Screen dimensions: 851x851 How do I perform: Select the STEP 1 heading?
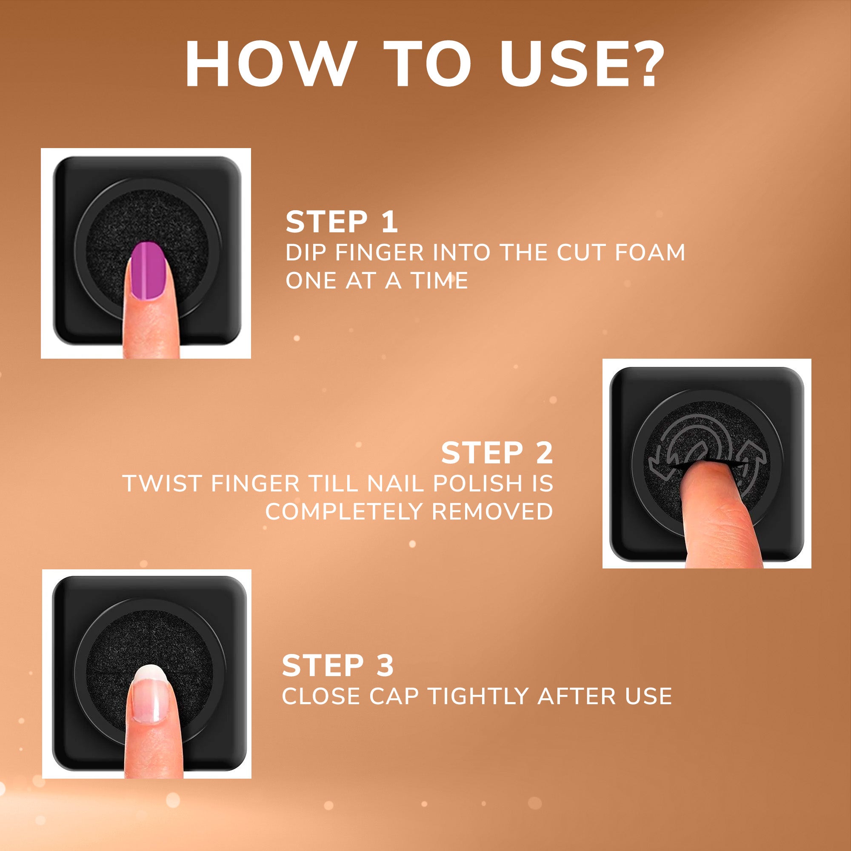click(x=342, y=222)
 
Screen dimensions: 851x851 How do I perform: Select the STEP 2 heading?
click(x=497, y=453)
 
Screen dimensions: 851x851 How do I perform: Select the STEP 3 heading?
click(x=338, y=665)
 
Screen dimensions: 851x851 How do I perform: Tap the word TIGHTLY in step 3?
click(x=479, y=697)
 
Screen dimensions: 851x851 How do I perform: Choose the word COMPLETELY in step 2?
click(x=344, y=512)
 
